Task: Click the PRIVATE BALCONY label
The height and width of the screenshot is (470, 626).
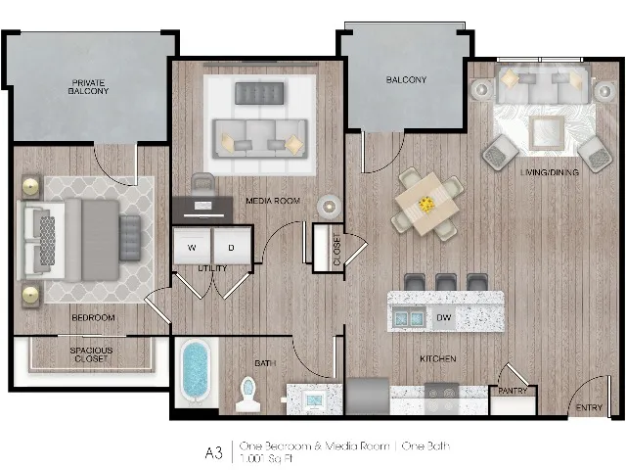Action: coord(88,87)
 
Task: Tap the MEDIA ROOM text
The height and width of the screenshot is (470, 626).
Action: coord(273,201)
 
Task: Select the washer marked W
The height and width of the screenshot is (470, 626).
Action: coord(192,246)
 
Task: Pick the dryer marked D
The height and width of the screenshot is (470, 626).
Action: coord(232,246)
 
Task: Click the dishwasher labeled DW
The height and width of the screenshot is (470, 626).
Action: coord(443,317)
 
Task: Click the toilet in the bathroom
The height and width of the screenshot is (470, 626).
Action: coord(247,394)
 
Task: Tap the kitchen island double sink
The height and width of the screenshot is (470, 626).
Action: coord(408,317)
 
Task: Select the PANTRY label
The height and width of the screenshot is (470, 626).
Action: coord(513,391)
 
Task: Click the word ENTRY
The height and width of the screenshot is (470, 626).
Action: coord(589,407)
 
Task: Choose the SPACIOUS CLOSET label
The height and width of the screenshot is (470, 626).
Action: coord(91,354)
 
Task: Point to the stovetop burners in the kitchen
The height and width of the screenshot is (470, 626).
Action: coord(441,399)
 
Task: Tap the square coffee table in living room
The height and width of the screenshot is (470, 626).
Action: coord(547,133)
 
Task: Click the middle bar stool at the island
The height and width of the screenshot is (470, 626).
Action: coord(446,282)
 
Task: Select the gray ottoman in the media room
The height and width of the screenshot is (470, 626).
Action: coord(259,93)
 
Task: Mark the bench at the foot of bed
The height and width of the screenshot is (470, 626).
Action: coord(130,238)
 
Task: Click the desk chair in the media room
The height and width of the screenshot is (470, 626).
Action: coord(203,184)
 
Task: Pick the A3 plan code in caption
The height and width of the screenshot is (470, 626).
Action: coord(213,452)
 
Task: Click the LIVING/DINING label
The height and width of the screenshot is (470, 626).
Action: coord(550,172)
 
